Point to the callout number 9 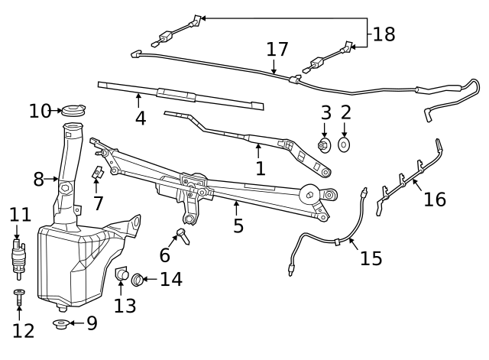tap(92, 323)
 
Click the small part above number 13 tap(121, 274)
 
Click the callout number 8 tap(39, 180)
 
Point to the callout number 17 tap(278, 50)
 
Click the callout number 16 tap(434, 199)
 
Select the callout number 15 tap(371, 258)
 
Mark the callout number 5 tap(238, 225)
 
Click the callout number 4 tap(141, 119)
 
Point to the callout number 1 tap(261, 168)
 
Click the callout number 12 tap(24, 331)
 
